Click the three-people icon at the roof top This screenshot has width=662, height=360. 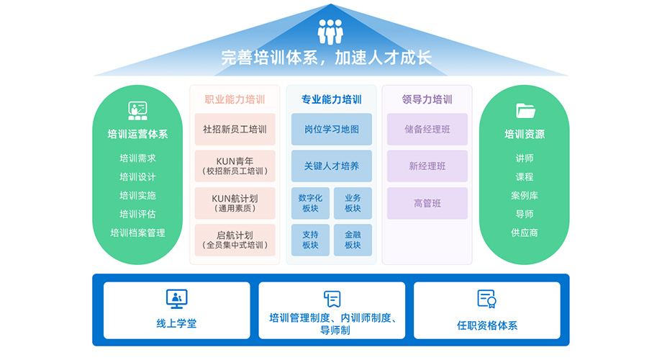330,32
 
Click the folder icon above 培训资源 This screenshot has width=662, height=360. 525,110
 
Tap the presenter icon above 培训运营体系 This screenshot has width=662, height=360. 137,110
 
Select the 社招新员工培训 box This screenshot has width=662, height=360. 235,130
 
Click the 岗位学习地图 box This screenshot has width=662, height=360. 331,130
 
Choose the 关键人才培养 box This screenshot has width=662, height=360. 331,166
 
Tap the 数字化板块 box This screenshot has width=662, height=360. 310,203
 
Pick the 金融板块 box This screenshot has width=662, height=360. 353,240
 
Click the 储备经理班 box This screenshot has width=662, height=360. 427,130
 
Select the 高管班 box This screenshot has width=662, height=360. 427,203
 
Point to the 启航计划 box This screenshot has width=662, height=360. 235,240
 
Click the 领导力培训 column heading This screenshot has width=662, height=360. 427,99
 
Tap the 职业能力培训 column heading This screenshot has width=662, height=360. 235,99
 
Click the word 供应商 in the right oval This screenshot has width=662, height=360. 525,233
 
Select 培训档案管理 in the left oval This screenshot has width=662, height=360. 137,233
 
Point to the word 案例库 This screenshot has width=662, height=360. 525,195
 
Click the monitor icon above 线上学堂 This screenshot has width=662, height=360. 176,297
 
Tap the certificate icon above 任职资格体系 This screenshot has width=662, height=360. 487,298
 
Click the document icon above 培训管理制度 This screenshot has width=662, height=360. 332,298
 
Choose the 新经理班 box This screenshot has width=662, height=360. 427,166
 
